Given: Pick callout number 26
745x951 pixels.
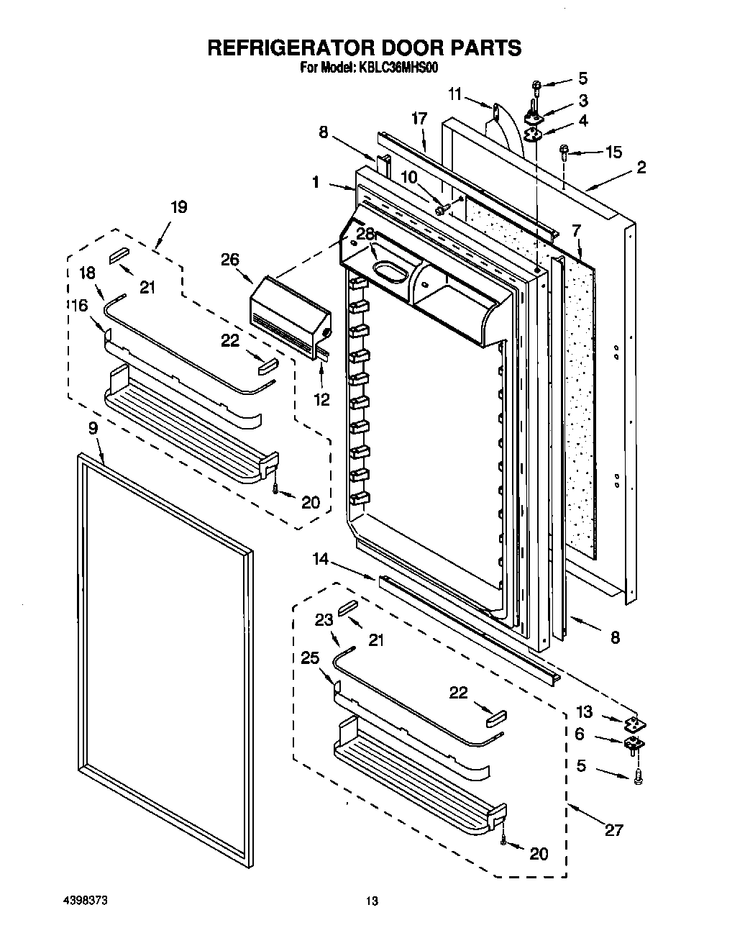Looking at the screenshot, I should pos(230,260).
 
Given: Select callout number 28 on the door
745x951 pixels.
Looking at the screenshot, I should pos(366,234).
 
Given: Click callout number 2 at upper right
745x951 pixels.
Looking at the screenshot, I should pos(641,167).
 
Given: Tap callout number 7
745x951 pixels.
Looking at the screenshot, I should pos(576,231).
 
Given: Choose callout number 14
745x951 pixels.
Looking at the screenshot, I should pos(320,558).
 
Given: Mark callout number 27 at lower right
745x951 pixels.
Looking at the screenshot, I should pos(613,830).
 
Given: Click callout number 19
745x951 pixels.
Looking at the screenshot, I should pos(178,207).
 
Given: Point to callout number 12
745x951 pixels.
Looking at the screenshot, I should pos(321,400).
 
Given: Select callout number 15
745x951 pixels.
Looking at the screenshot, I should pos(613,152).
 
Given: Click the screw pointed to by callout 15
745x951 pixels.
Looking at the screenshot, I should pos(565,152).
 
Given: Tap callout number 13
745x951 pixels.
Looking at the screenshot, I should pos(584,712).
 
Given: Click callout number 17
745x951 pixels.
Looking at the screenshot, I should pos(419,117).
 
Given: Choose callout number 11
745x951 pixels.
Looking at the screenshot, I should pos(454,94).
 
